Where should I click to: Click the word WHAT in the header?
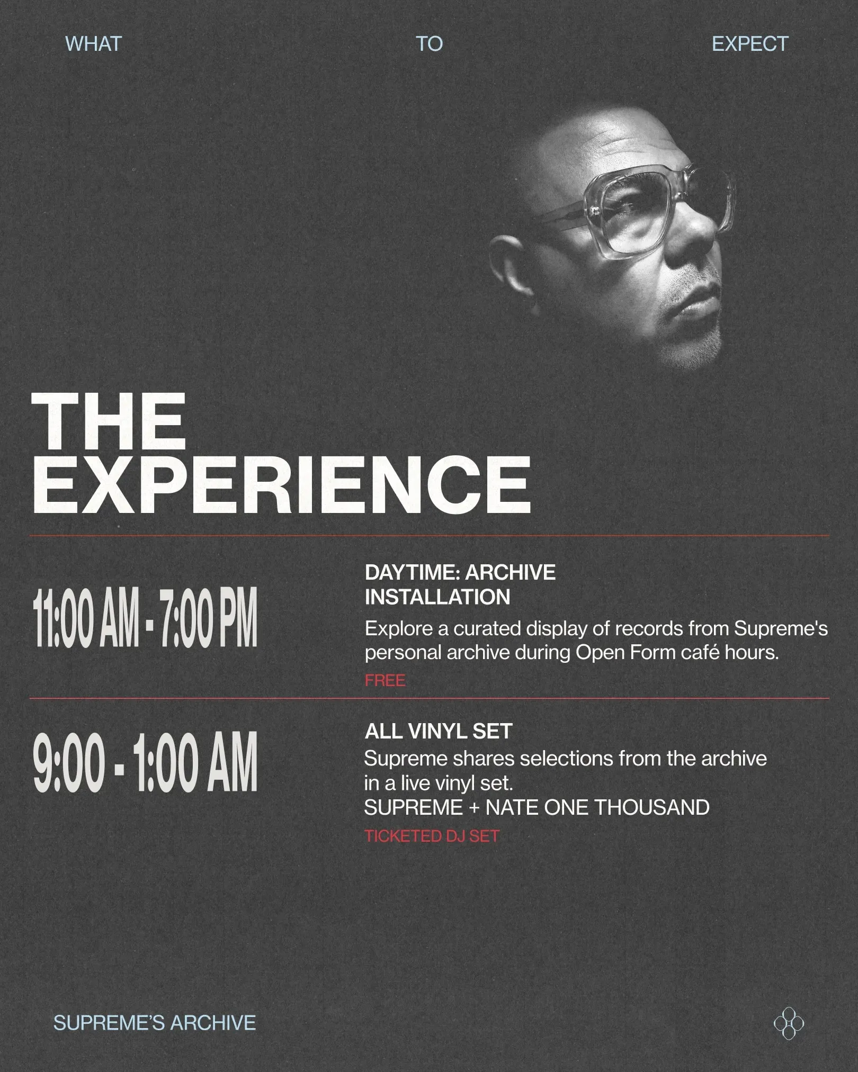point(93,43)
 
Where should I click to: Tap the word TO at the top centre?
point(429,43)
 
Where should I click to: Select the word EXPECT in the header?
point(750,43)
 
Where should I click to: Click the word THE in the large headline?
point(109,422)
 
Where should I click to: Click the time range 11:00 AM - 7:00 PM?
point(145,617)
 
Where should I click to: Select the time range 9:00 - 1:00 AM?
point(145,762)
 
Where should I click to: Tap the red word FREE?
point(385,680)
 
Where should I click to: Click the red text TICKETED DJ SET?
point(432,836)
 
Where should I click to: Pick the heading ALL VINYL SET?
point(439,731)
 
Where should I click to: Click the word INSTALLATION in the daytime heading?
point(437,597)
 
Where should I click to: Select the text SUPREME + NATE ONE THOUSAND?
point(537,807)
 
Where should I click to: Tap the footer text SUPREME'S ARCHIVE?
point(155,1023)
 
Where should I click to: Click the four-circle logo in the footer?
point(789,1023)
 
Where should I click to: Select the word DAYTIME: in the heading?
point(412,572)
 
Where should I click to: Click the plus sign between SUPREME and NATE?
point(474,808)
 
